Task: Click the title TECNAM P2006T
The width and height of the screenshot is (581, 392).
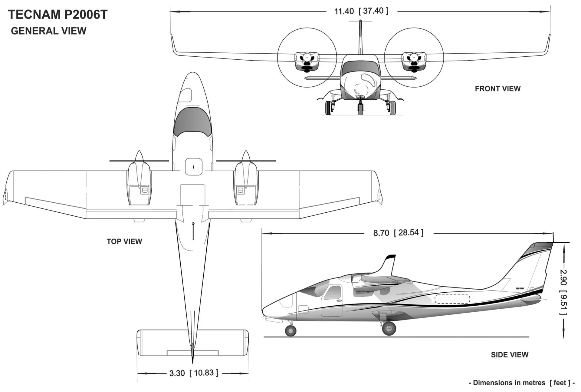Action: pos(57,15)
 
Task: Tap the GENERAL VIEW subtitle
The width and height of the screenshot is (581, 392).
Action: pos(48,31)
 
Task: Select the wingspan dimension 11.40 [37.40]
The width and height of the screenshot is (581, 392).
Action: pos(361,11)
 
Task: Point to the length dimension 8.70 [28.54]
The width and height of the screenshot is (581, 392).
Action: pos(398,233)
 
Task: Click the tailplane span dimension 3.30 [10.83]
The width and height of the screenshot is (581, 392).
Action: pos(193,373)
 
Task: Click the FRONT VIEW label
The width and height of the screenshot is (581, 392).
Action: pos(497,89)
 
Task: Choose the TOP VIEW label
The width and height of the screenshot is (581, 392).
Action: pos(124,241)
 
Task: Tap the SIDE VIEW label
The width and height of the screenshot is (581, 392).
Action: pos(509,355)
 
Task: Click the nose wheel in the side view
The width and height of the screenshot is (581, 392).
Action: pos(290,331)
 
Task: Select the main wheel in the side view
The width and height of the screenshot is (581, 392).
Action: pos(389,328)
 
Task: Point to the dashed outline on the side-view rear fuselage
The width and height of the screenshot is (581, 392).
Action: pos(452,299)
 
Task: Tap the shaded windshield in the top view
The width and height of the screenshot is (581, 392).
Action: pos(192,121)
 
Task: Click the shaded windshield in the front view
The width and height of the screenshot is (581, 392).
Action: pos(360,68)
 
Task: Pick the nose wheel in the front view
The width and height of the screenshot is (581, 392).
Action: pos(360,108)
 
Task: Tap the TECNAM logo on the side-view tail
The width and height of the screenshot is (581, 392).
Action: pos(520,289)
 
